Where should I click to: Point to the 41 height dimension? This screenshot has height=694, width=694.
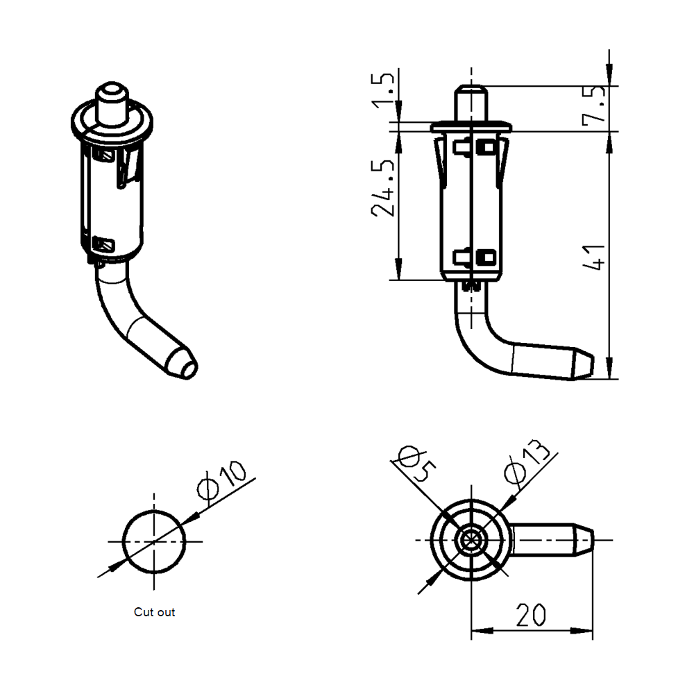(594, 257)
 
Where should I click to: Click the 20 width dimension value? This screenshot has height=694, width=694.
(531, 614)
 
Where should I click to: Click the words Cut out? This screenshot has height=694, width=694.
(154, 612)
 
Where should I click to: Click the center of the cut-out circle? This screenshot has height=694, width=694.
(154, 541)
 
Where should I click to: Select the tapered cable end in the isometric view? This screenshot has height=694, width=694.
(183, 364)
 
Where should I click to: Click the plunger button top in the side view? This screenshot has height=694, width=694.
(471, 90)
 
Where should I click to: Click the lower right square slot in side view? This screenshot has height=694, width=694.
(486, 257)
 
